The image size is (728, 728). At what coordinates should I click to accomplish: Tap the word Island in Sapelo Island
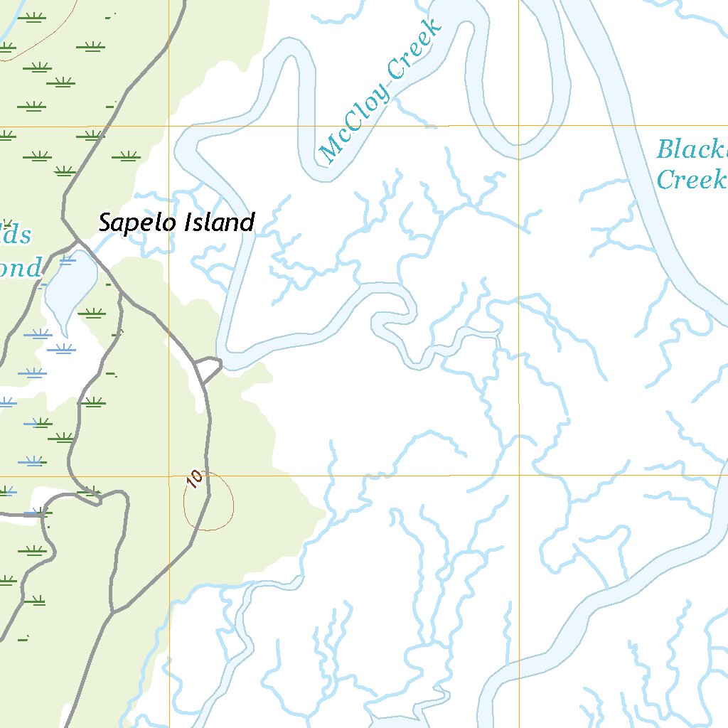click(219, 223)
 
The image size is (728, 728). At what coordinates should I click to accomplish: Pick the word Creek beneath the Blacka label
click(690, 179)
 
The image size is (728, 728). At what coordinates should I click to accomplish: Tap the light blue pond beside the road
click(70, 284)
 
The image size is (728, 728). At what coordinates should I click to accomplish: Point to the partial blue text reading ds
click(17, 234)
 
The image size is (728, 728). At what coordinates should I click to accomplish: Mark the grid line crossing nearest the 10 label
click(170, 476)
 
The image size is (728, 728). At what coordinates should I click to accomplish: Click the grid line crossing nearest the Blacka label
click(518, 126)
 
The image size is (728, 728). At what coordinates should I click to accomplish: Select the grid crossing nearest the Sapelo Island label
click(170, 126)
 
